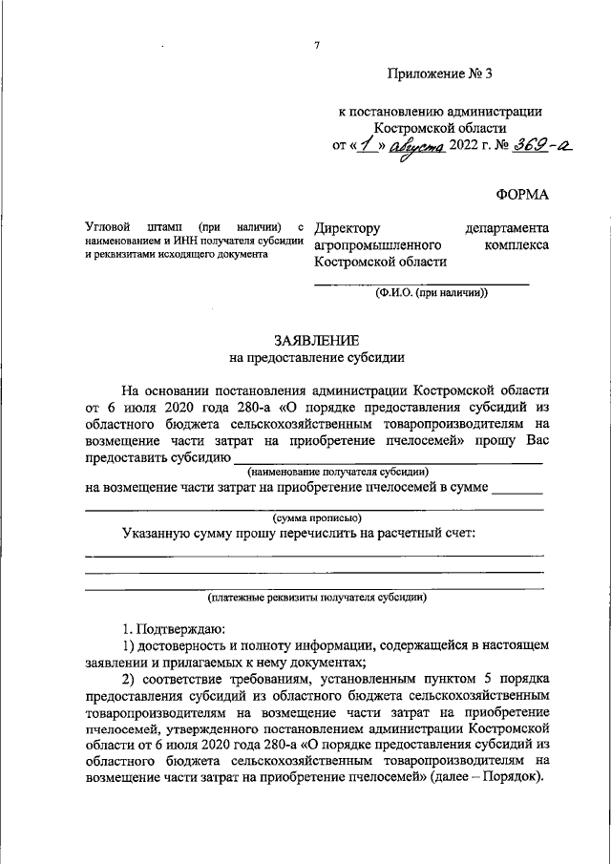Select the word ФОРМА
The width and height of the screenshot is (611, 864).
522,195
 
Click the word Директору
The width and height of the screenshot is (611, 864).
348,228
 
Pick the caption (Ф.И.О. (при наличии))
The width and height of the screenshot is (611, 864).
431,293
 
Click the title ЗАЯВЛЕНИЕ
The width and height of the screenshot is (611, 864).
316,341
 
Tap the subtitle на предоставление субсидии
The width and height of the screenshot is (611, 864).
316,359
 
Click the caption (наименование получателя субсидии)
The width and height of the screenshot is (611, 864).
338,472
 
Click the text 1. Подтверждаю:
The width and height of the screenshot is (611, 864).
173,629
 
